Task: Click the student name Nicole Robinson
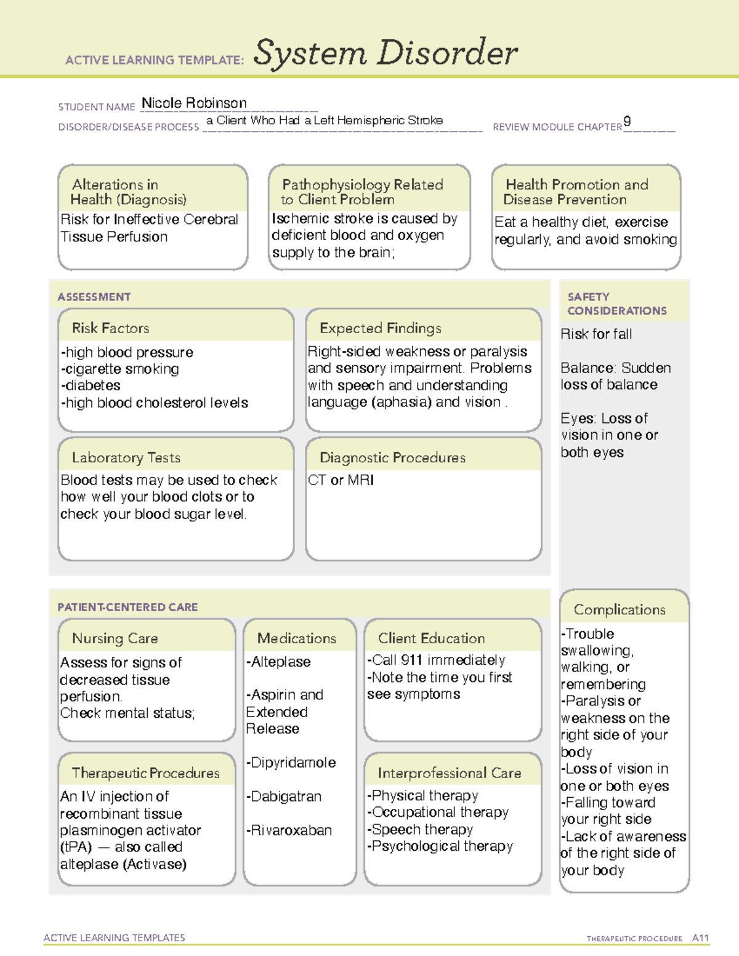[x=194, y=103]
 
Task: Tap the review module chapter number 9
[x=627, y=121]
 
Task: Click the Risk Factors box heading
[x=111, y=328]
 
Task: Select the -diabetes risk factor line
[x=91, y=386]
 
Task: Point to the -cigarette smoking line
[x=120, y=369]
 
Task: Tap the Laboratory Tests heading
[x=126, y=458]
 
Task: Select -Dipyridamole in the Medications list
[x=291, y=763]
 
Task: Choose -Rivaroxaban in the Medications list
[x=289, y=830]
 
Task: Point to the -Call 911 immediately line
[x=436, y=661]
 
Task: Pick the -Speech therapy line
[x=420, y=830]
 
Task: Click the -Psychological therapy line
[x=440, y=846]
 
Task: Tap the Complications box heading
[x=620, y=610]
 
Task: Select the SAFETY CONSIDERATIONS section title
[x=616, y=304]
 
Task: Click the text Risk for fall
[x=596, y=334]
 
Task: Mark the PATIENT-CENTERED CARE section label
[x=127, y=607]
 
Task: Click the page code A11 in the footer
[x=700, y=938]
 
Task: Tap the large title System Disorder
[x=386, y=53]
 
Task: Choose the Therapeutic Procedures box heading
[x=146, y=773]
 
